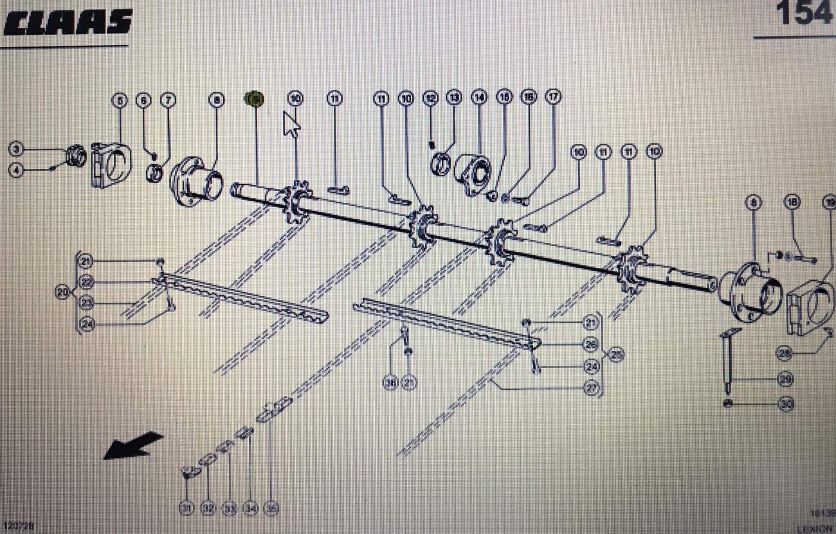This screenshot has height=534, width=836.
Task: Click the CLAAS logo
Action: (x=68, y=22)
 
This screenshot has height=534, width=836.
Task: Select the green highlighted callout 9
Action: (x=255, y=99)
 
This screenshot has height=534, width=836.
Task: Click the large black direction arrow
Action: (x=133, y=445)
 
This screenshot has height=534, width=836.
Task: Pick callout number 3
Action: (x=17, y=150)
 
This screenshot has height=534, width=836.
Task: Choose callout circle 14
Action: (x=479, y=98)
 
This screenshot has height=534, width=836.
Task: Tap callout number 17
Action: (x=553, y=97)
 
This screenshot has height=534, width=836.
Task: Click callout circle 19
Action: (x=829, y=202)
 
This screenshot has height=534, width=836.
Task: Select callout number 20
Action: (x=62, y=292)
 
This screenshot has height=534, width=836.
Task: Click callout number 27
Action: (x=591, y=387)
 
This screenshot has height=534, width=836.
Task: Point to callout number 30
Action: (x=786, y=404)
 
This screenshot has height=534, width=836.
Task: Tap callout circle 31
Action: (x=186, y=509)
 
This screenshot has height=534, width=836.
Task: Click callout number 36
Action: (x=390, y=383)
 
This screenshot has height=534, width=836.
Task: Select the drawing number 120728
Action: (x=17, y=526)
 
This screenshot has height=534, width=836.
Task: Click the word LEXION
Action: (x=815, y=528)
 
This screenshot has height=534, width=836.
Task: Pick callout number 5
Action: (x=119, y=100)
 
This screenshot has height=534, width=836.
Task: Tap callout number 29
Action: (x=786, y=379)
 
